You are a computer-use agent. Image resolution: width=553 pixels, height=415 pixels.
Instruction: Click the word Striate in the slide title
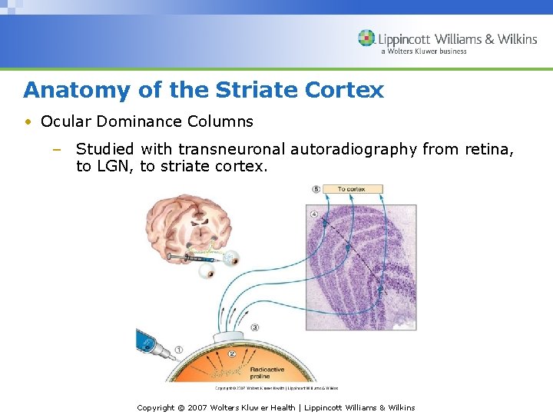pyautogui.click(x=251, y=90)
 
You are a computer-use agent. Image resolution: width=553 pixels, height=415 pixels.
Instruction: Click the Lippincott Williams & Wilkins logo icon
pyautogui.click(x=366, y=38)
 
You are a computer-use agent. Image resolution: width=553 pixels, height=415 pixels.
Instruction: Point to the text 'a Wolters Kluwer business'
pyautogui.click(x=423, y=51)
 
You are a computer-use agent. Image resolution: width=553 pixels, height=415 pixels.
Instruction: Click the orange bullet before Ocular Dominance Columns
pyautogui.click(x=28, y=121)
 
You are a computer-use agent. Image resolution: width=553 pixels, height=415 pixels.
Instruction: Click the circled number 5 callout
pyautogui.click(x=316, y=189)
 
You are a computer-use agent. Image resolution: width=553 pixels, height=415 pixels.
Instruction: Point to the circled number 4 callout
pyautogui.click(x=313, y=213)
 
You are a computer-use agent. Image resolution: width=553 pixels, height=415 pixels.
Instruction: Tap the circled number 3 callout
pyautogui.click(x=254, y=327)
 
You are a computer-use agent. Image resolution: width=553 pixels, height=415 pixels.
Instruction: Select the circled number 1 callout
pyautogui.click(x=178, y=350)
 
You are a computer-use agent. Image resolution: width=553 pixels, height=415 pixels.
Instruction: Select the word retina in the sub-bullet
pyautogui.click(x=489, y=149)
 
